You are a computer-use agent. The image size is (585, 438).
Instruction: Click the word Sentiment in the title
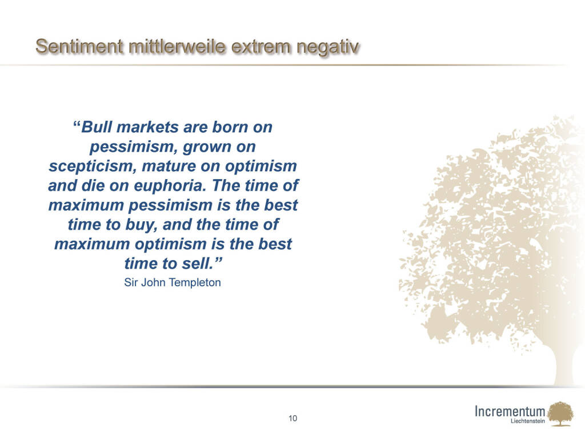pyautogui.click(x=79, y=47)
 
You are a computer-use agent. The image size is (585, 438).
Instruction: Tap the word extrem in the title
pyautogui.click(x=261, y=47)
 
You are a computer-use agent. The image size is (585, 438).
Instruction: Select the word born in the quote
pyautogui.click(x=230, y=127)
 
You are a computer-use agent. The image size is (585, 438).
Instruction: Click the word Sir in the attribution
pyautogui.click(x=131, y=282)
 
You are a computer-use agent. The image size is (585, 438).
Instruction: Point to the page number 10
pyautogui.click(x=293, y=418)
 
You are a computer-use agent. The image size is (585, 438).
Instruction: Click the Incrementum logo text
pyautogui.click(x=510, y=411)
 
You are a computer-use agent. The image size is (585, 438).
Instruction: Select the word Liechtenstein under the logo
pyautogui.click(x=527, y=421)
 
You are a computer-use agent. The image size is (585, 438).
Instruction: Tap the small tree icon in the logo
pyautogui.click(x=560, y=413)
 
